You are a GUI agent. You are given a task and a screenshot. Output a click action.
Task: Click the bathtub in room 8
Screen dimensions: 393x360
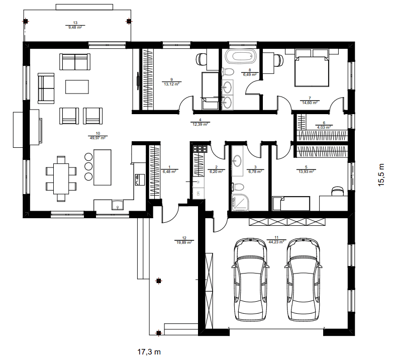241,56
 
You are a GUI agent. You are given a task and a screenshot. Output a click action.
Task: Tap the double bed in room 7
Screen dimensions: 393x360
312,68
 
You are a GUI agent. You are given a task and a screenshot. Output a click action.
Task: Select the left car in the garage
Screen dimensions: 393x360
250,279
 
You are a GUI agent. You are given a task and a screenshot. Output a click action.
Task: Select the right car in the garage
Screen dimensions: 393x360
303,279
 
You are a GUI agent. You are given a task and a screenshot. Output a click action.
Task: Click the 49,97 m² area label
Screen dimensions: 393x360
97,138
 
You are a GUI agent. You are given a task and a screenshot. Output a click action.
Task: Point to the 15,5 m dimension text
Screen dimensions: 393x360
381,175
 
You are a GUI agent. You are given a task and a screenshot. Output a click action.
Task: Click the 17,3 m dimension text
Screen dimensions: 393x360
149,352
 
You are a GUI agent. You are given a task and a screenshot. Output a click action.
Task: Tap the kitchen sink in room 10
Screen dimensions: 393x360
117,205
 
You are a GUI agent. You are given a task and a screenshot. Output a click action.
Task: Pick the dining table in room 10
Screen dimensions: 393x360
61,178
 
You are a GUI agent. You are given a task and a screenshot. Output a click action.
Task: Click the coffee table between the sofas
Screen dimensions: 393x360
77,87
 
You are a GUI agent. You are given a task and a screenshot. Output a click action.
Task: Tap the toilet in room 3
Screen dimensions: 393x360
238,187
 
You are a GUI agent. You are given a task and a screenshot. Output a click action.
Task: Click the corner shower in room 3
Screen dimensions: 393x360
241,203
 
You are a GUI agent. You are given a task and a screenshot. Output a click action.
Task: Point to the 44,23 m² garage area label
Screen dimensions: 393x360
276,242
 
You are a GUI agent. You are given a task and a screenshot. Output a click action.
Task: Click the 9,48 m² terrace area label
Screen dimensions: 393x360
75,27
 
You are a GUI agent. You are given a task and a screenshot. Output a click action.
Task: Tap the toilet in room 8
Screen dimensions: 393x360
228,71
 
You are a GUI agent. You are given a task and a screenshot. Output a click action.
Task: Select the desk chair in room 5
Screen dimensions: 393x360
337,191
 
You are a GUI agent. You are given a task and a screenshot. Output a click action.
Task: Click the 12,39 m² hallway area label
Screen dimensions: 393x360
200,124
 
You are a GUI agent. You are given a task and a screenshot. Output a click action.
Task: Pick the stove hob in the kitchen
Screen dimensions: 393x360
200,149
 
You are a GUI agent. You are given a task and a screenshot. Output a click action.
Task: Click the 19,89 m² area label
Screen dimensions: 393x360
184,242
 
